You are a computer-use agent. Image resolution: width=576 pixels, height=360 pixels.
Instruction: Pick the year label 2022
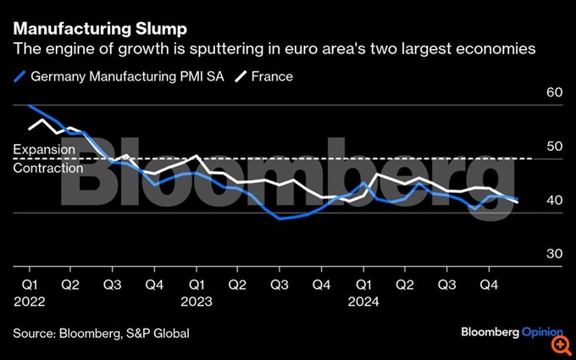coord(30,301)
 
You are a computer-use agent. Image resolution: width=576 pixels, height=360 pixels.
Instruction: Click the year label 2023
coord(197,301)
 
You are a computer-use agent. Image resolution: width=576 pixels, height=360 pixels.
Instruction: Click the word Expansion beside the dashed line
coord(44,150)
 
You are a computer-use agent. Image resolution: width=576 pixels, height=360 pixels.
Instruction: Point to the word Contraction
coord(48,168)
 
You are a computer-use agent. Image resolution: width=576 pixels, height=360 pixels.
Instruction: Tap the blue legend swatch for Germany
coord(20,76)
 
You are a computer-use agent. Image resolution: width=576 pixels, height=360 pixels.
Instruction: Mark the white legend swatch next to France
coord(241,76)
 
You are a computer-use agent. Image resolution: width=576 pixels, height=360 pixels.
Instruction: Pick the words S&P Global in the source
coord(160,333)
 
